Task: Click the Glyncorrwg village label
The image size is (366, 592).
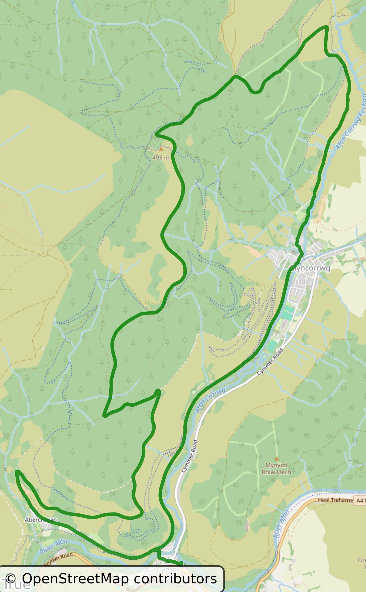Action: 310,268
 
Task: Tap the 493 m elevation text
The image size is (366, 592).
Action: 161,158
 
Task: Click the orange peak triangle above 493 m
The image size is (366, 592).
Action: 160,149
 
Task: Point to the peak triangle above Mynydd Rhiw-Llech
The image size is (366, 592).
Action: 277,458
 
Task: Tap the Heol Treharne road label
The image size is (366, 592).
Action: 335,500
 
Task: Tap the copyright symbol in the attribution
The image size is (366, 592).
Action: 10,579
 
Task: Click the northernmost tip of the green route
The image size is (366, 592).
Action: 326,27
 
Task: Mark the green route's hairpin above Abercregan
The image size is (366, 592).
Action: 17,471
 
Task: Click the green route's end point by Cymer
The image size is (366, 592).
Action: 181,564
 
